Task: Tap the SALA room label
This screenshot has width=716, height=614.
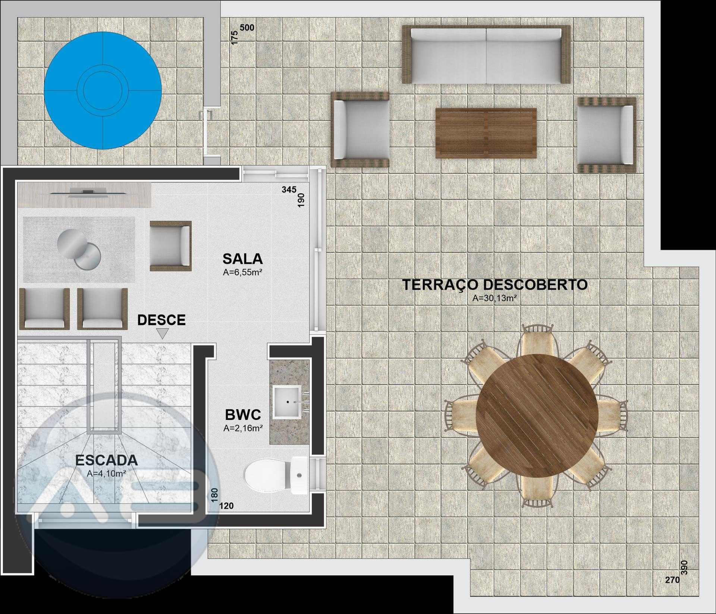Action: pos(242,259)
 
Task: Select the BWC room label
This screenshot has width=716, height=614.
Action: pos(243,415)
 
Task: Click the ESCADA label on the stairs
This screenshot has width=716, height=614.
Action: pos(107,460)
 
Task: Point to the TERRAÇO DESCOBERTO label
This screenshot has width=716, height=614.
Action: pos(495,285)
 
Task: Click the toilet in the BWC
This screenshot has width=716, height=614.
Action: pos(276,475)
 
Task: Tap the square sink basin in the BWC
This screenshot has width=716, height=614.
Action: pos(286,402)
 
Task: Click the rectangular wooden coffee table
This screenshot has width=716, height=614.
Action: pos(486,133)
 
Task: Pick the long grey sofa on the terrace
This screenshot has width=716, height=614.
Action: pos(486,55)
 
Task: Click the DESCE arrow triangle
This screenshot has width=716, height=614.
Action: pos(162,333)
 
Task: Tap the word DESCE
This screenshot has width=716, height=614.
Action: pos(161,320)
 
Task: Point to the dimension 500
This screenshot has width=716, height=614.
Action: pos(247,28)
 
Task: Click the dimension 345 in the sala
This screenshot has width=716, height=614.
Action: pos(289,190)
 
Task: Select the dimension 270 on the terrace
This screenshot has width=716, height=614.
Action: pos(672,580)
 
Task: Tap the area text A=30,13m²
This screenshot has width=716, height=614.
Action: pos(494,298)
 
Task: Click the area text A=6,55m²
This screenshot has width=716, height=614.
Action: pos(242,272)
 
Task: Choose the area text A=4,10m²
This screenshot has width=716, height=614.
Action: pos(106,474)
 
